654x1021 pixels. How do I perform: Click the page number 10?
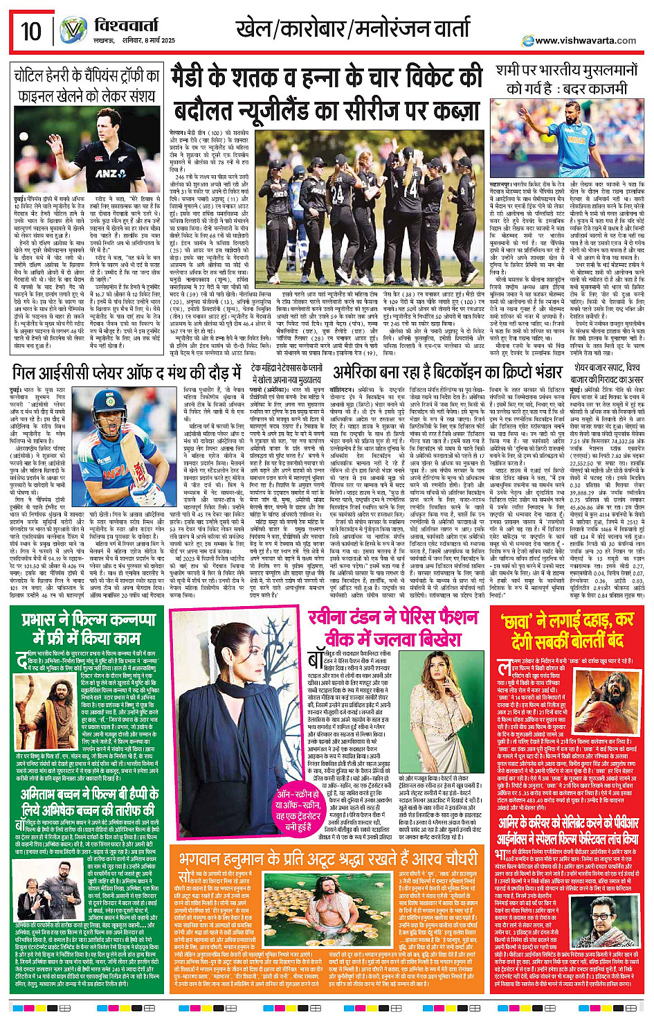tap(30, 30)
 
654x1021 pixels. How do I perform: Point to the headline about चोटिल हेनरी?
tap(87, 85)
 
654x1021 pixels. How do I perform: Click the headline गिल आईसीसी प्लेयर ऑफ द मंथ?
tap(129, 373)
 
